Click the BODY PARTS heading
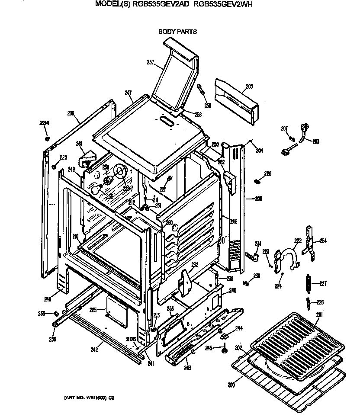pos(177,32)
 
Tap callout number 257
pos(151,63)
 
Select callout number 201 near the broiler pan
pos(319,315)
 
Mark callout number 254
pos(322,241)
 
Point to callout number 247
pos(128,93)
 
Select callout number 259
pos(52,340)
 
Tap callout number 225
pos(93,310)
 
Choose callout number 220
pos(64,157)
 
